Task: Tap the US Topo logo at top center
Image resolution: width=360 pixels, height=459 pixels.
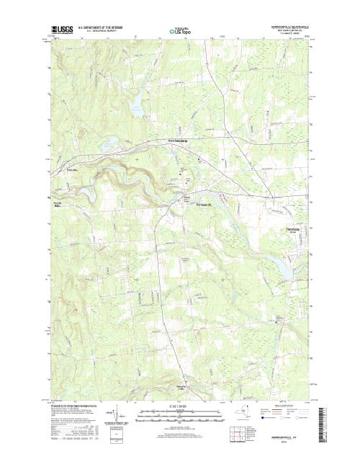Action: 181,32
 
